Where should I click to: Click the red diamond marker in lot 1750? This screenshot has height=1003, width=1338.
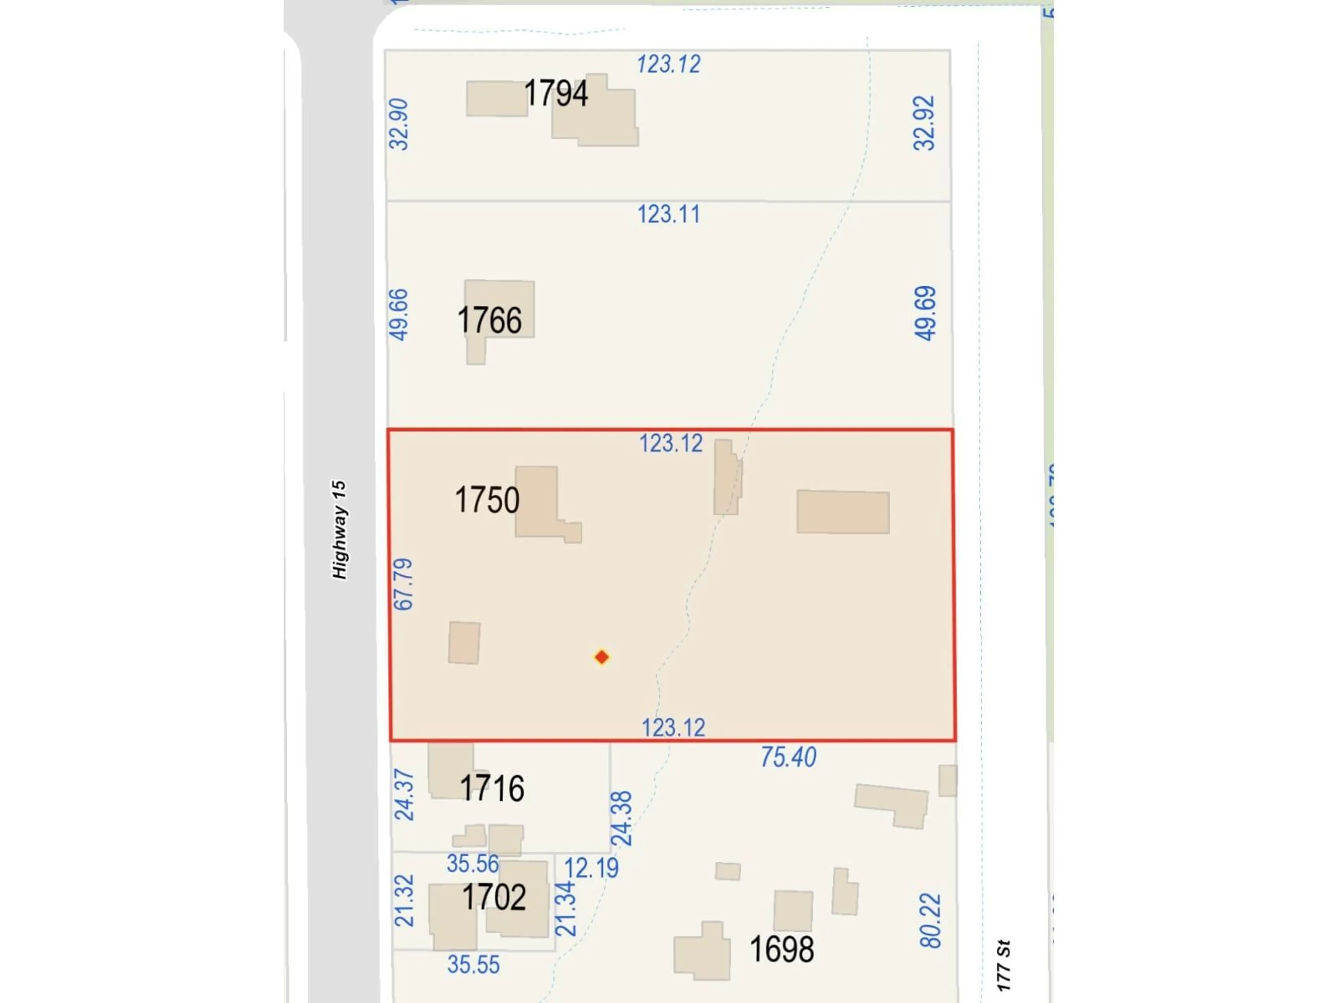click(x=601, y=657)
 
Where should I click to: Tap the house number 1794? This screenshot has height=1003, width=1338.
click(x=555, y=94)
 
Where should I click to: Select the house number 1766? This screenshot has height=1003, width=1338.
click(x=489, y=320)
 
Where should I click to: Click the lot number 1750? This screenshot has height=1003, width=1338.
click(x=486, y=500)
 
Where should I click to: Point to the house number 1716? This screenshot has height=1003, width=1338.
click(x=491, y=789)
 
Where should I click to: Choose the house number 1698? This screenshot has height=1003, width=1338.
click(x=782, y=949)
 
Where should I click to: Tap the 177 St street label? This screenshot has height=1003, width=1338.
click(x=1003, y=965)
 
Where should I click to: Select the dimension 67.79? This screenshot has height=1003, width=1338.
click(x=403, y=585)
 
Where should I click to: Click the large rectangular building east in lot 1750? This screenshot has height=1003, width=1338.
click(x=843, y=512)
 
